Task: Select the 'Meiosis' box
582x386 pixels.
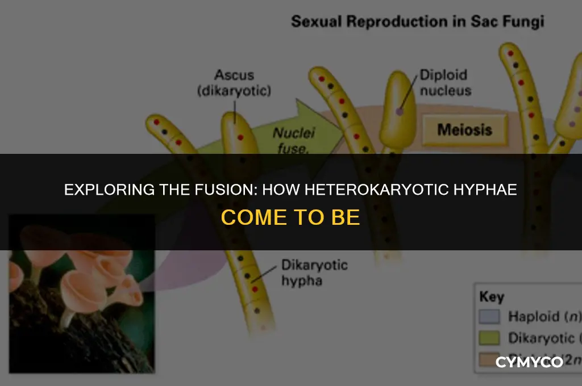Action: pos(464,130)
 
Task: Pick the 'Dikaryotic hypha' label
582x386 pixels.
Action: pos(314,272)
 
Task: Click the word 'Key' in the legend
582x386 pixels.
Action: pos(492,297)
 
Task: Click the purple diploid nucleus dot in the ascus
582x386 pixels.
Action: pos(400,112)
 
